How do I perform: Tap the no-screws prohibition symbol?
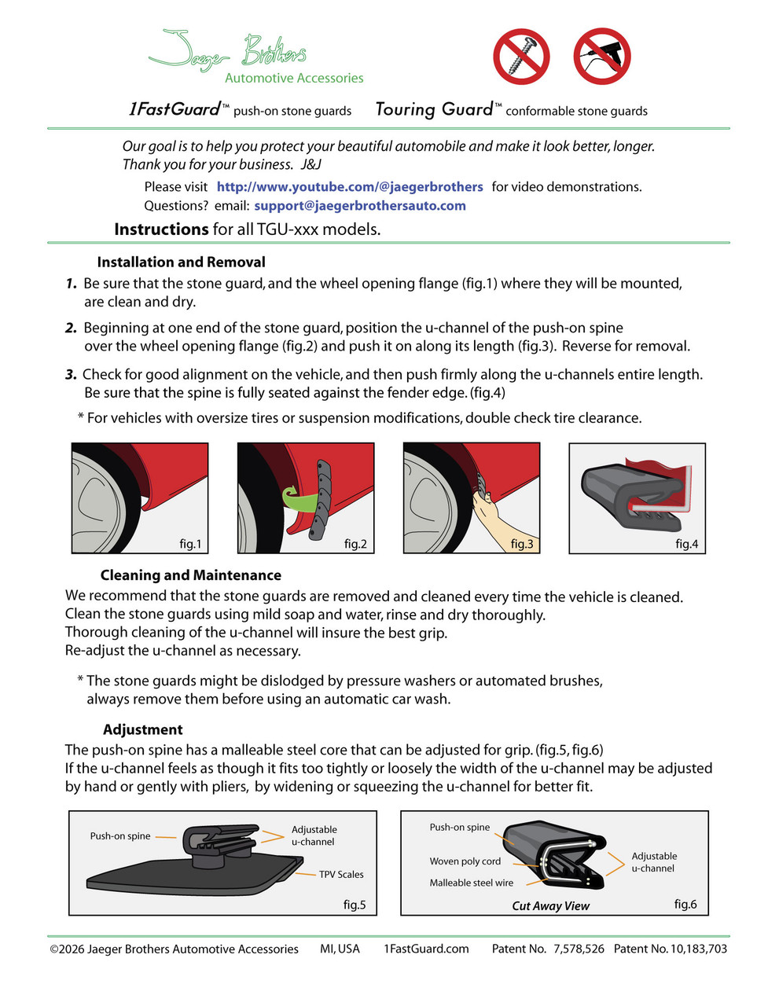coord(522,57)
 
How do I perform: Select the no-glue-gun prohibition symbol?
coord(601,57)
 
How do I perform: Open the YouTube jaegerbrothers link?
coord(350,186)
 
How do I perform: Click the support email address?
coord(360,206)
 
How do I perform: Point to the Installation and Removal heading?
coord(181,262)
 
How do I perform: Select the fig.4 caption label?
coord(686,544)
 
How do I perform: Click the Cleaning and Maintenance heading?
coord(191,575)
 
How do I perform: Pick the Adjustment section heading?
coord(142,729)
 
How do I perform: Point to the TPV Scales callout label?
coord(341,874)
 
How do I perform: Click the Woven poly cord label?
coord(465,861)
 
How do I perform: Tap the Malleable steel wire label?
coord(471,883)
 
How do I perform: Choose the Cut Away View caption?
coord(550,906)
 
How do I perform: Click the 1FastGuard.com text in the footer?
coord(426,949)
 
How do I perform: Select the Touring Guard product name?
coord(434,109)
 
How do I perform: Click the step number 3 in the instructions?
coord(71,375)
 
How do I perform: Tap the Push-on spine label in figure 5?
coord(120,836)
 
